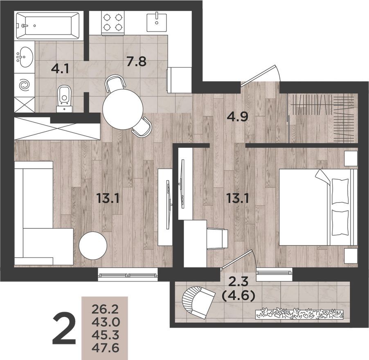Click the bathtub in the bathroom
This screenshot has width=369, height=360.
pos(47,25)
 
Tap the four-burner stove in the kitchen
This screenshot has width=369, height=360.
pos(112,22)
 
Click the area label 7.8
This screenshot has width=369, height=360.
pos(136,62)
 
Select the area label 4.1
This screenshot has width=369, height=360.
pos(60,69)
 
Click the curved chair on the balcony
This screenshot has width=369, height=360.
pos(196,301)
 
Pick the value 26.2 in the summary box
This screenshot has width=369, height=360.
pos(104,307)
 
